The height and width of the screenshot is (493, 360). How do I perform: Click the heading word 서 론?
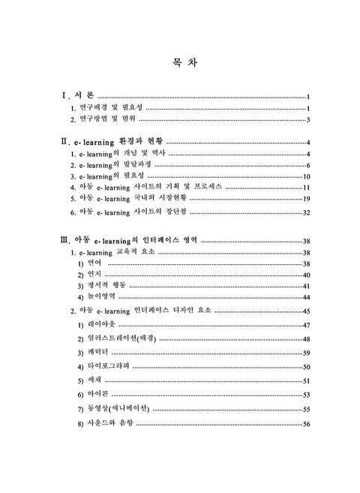coord(85,97)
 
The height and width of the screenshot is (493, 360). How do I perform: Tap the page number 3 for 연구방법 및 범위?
coord(308,119)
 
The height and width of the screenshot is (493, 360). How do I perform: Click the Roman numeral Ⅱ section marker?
coord(64,141)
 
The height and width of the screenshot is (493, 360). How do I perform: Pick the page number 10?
coord(306,175)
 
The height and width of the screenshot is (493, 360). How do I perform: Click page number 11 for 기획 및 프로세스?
coord(306,187)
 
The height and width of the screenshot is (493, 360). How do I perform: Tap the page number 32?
coord(306,213)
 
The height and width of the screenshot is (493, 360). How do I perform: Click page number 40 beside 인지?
coord(306,275)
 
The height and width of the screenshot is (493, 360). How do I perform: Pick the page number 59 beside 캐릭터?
coord(306,352)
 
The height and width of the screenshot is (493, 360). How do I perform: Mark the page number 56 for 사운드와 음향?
coord(306,425)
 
